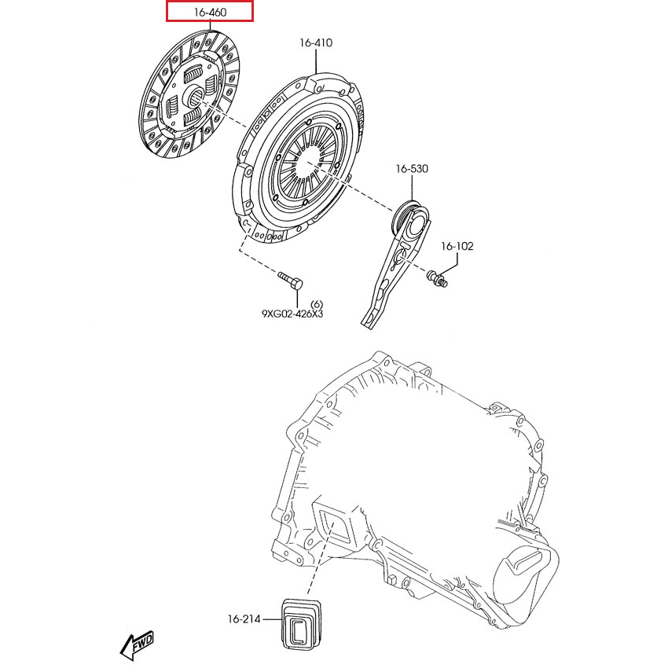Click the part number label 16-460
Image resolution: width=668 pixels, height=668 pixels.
(209, 12)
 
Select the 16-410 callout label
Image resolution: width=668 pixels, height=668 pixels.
(315, 42)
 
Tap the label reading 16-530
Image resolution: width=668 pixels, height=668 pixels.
(412, 169)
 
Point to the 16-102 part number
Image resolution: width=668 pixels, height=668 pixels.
(457, 246)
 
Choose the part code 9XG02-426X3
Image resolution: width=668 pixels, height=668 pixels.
(292, 314)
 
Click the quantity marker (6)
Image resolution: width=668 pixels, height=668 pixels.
(317, 303)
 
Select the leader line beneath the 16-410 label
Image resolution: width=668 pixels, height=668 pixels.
(315, 61)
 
